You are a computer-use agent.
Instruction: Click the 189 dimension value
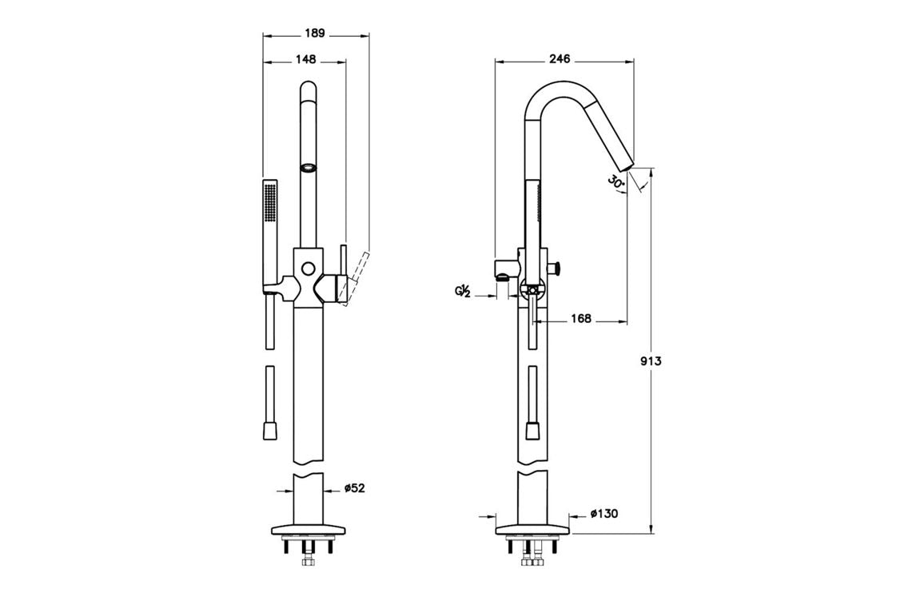point(316,34)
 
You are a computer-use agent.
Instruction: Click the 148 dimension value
point(305,59)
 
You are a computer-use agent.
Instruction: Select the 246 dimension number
point(560,59)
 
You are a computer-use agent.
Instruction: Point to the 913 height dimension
point(651,361)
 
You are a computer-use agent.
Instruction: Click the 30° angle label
point(615,182)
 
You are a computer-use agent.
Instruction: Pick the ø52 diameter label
point(355,488)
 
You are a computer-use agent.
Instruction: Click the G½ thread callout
point(461,293)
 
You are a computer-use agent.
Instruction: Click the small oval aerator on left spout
point(309,167)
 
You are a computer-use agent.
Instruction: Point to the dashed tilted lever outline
point(357,274)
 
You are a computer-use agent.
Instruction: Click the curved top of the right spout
point(560,84)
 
